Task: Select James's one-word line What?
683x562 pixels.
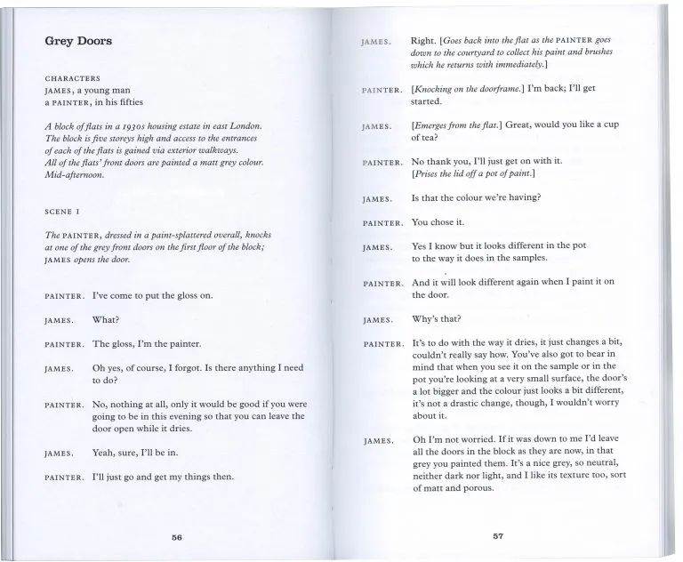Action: [x=106, y=319]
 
